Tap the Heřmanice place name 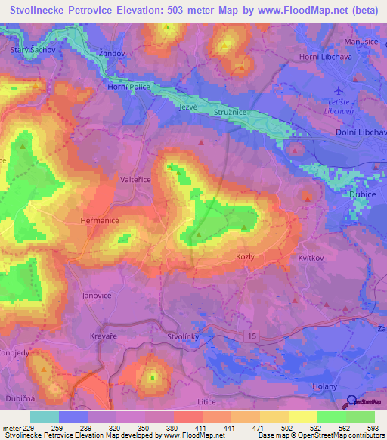[x=98, y=219]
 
